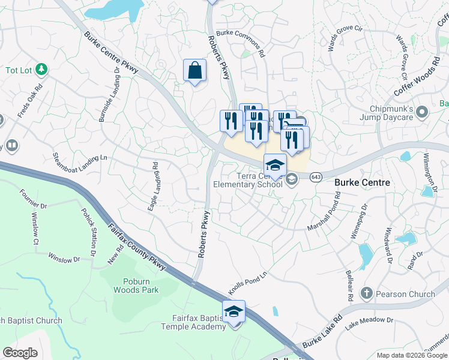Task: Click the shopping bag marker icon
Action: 195,70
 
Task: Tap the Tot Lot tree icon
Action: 41,70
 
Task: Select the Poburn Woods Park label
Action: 136,286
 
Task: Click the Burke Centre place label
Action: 362,182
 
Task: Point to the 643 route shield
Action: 316,176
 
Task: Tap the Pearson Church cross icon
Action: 366,293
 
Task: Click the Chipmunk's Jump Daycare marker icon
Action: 422,112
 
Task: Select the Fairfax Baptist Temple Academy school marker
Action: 234,312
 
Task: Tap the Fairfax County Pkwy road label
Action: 137,247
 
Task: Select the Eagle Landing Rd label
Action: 152,186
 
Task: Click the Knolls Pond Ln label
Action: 247,283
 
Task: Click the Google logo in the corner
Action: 20,352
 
